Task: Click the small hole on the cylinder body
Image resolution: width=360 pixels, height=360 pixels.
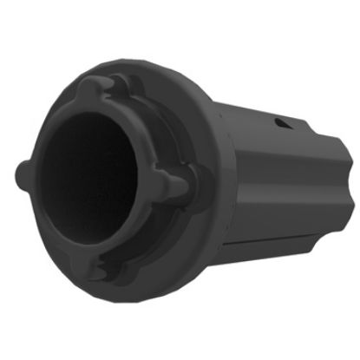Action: point(281,123)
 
